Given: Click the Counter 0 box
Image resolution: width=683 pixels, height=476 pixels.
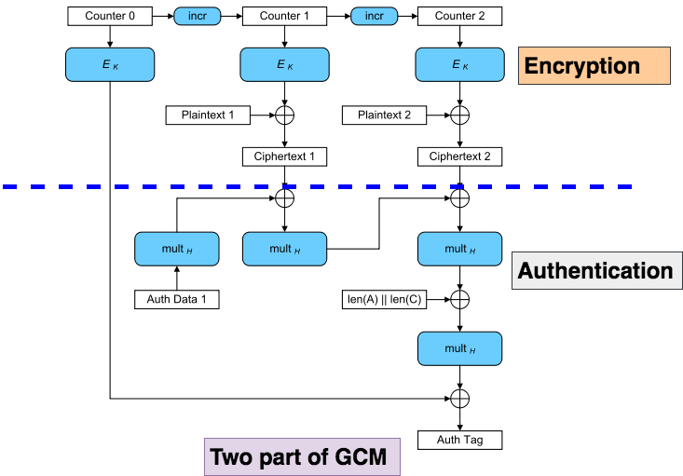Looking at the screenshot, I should click(110, 16).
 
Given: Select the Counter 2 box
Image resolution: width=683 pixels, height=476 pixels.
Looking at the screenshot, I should click(459, 16).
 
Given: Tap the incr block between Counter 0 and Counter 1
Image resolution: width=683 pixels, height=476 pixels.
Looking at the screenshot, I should click(198, 16).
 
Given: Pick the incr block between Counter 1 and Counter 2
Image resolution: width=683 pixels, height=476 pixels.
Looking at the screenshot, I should click(374, 16).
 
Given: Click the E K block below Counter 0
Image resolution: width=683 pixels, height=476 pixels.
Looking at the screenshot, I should click(110, 64).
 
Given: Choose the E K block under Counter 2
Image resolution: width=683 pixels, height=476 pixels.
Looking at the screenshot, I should click(459, 64).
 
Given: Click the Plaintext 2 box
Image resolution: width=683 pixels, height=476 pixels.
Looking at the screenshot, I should click(383, 116).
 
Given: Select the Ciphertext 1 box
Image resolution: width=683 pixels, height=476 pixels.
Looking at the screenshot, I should click(284, 156).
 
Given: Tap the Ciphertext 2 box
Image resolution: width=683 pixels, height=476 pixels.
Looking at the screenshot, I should click(459, 156).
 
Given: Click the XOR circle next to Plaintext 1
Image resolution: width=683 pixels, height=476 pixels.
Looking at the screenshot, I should click(284, 116).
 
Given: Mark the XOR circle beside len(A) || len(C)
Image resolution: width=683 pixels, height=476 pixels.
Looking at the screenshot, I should click(459, 299).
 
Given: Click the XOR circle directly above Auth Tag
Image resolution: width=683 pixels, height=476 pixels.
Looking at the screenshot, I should click(459, 399).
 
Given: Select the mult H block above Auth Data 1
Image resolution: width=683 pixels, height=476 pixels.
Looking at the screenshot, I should click(177, 249).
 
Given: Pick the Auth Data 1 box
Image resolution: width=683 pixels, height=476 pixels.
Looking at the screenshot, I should click(177, 299).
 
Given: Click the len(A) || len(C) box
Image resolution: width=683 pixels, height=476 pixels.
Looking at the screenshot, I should click(384, 299).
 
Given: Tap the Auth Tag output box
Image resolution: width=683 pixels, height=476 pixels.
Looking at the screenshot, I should click(459, 439).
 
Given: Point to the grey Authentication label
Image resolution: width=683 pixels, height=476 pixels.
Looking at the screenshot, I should click(594, 271).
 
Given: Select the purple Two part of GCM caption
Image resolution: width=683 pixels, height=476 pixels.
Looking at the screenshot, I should click(302, 456).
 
